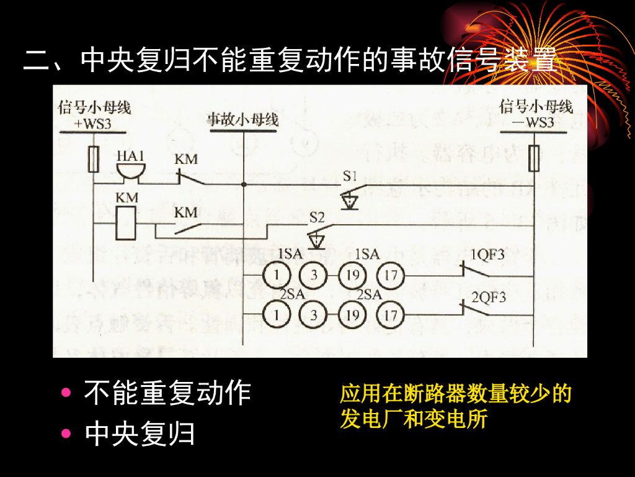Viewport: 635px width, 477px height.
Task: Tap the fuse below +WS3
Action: coord(94,159)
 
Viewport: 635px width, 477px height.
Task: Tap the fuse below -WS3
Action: coord(534,158)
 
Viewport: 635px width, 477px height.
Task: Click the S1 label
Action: coord(350,176)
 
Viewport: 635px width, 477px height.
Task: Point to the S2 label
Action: coord(317,218)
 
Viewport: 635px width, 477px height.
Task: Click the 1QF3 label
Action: coord(487,255)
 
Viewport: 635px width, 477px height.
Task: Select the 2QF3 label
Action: coord(489,297)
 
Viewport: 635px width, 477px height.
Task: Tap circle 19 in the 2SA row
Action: coord(352,316)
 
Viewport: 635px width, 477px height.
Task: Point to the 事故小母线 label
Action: coord(242,119)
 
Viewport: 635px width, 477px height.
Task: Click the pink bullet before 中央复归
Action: coord(66,434)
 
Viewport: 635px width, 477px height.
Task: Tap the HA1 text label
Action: coord(130,155)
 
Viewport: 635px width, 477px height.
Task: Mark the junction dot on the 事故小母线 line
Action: coord(244,184)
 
